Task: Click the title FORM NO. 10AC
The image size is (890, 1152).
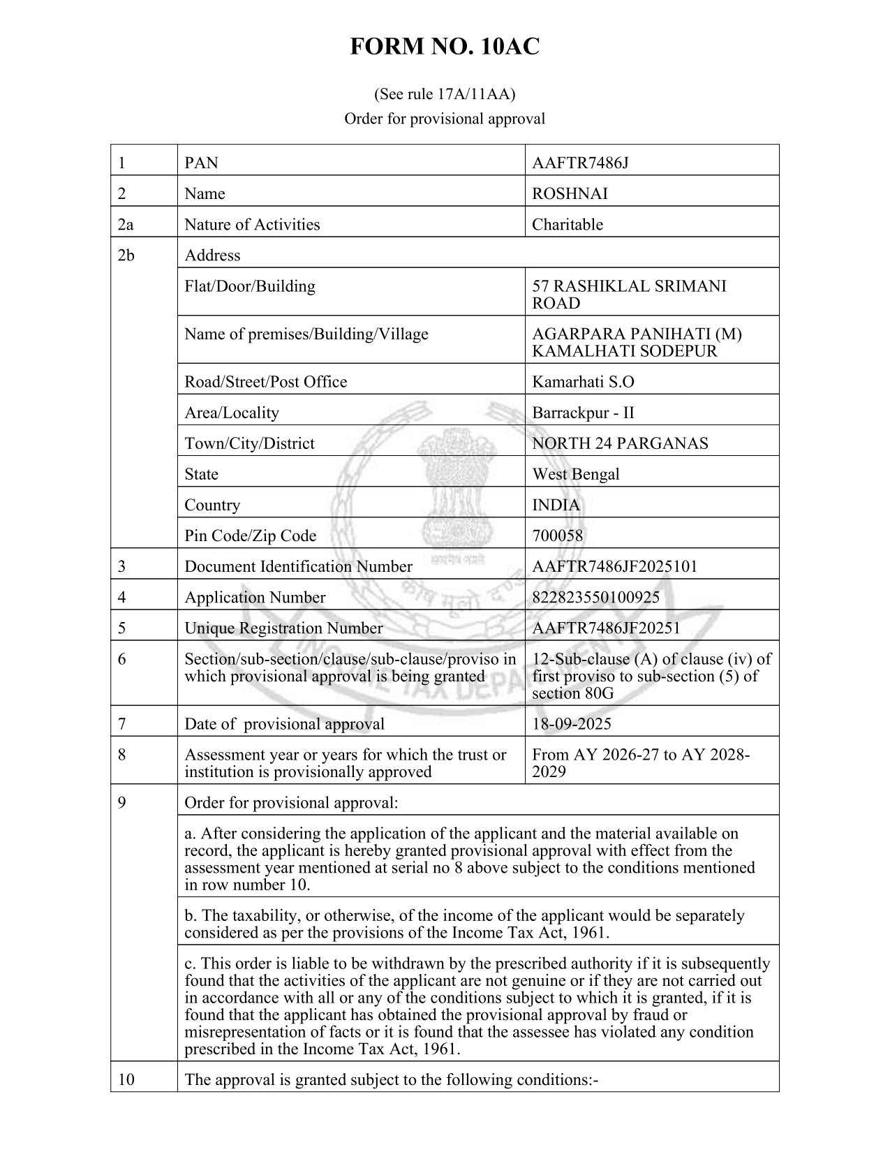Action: (445, 47)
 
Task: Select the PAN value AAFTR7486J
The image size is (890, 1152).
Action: (580, 163)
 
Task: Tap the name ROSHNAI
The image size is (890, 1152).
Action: (570, 194)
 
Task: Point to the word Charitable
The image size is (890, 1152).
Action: (567, 225)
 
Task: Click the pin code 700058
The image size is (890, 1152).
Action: (557, 536)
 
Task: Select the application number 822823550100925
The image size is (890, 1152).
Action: (595, 598)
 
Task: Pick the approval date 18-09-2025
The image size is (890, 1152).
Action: (571, 724)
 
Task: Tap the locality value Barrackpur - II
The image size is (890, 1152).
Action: (583, 413)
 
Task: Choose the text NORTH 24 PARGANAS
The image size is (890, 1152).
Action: (620, 443)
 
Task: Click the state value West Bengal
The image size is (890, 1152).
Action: (575, 474)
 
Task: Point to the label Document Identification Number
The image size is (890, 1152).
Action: (298, 567)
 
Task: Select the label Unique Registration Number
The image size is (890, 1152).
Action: (283, 628)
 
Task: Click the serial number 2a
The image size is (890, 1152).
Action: (126, 225)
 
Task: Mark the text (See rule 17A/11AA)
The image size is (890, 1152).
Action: (445, 93)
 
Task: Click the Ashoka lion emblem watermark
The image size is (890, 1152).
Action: (445, 482)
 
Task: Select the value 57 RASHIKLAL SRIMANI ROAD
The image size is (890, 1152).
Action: (628, 295)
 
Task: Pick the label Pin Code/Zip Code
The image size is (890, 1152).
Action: (250, 536)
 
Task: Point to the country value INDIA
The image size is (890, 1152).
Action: (556, 505)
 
